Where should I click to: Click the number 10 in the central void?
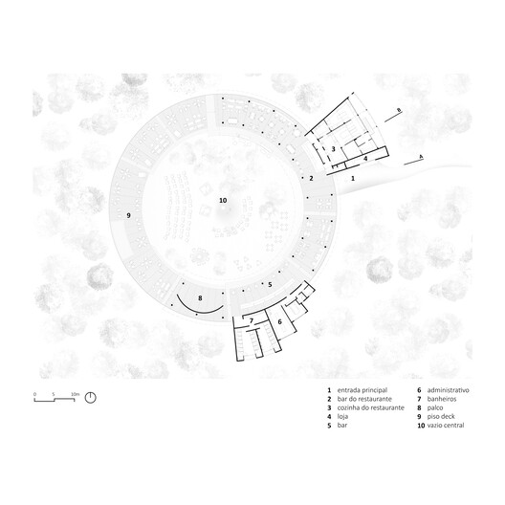point(223,200)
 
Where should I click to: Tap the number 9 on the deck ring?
point(128,215)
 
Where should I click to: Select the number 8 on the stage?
point(200,298)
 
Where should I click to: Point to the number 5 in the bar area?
point(270,285)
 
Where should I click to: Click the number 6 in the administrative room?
point(279,321)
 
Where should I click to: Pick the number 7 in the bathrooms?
point(252,320)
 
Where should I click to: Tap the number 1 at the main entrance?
point(353,178)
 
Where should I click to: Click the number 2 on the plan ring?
point(311,178)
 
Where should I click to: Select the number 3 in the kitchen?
point(334,149)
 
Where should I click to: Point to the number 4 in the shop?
point(365,159)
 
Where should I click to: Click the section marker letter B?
point(399,111)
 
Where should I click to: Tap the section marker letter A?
point(421,157)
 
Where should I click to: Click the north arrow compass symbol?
point(91,398)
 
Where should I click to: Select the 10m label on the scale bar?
point(75,394)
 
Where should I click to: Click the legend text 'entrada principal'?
point(362,390)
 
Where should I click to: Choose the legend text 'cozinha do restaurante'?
point(371,407)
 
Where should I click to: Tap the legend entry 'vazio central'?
point(446,426)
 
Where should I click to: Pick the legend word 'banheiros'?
point(442,399)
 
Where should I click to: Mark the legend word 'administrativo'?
point(448,390)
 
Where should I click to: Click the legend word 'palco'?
point(435,408)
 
